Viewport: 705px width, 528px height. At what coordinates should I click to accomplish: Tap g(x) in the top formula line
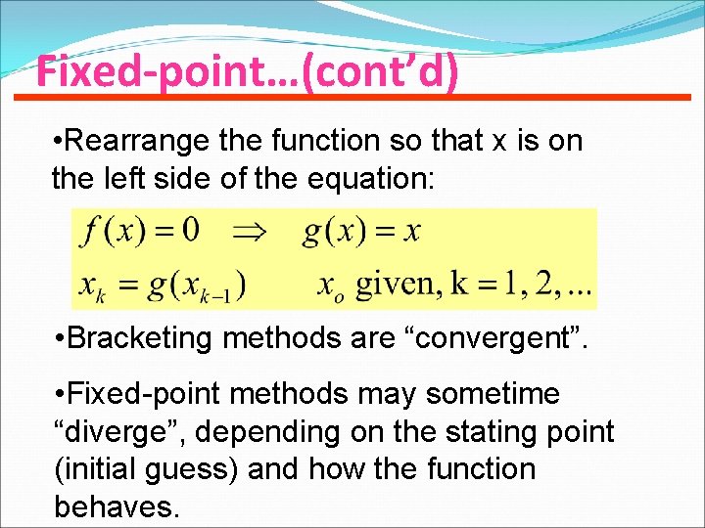(332, 234)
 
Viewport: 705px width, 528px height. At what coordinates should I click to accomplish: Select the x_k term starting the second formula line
(90, 286)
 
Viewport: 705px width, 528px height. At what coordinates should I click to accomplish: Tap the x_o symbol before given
(331, 286)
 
